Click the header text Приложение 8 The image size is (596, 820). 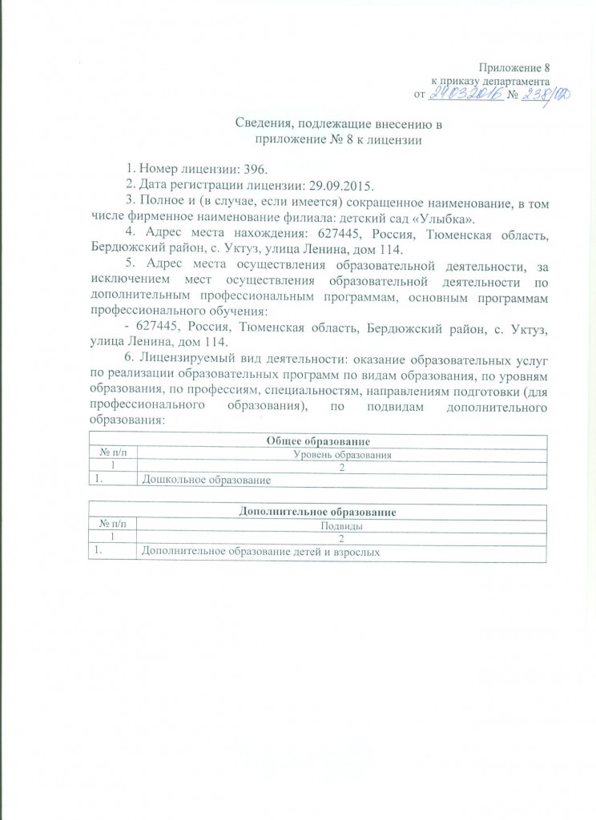point(513,67)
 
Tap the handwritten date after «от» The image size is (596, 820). point(465,94)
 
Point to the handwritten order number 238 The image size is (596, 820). point(531,94)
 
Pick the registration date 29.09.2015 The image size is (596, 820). point(284,184)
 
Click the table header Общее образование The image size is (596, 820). point(317,441)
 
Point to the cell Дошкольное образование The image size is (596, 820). point(203,480)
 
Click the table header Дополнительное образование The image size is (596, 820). point(317,512)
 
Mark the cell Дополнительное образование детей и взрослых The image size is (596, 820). point(260,552)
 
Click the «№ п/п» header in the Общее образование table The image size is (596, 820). point(113,455)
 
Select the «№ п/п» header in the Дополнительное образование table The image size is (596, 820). point(113,526)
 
